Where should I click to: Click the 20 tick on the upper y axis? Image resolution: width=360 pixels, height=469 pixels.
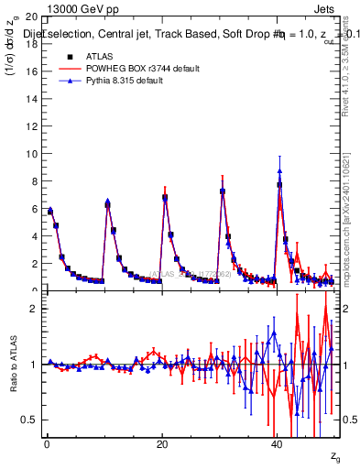(x=30, y=17)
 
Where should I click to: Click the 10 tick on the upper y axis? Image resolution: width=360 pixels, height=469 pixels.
(x=30, y=154)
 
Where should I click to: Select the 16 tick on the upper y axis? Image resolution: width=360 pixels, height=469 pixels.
(x=30, y=71)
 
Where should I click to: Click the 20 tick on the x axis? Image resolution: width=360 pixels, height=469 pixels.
(x=162, y=445)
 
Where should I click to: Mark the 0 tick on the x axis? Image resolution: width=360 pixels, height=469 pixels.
(x=47, y=445)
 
